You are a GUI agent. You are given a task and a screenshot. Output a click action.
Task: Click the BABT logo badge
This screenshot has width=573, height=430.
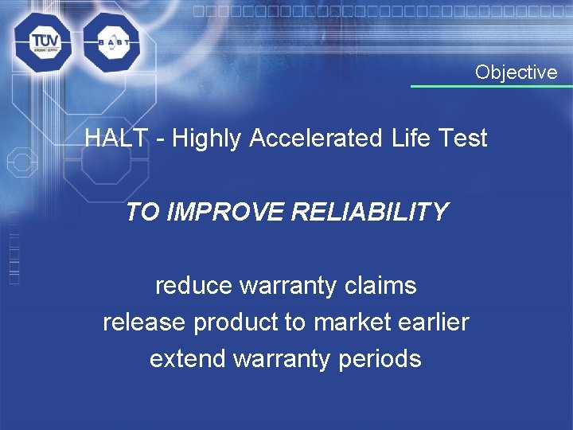click(111, 42)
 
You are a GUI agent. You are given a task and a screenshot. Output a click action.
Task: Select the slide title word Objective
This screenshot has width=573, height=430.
click(516, 72)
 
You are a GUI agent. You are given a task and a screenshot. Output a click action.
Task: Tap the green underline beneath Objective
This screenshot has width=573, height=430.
click(491, 86)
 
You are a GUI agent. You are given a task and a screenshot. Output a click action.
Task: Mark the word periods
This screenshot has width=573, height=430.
click(380, 358)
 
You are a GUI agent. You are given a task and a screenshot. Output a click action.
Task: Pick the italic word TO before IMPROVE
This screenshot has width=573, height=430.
click(140, 212)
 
